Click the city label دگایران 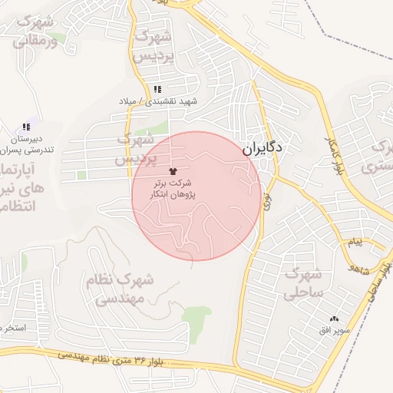tap(263, 149)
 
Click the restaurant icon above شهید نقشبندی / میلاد tap(157, 90)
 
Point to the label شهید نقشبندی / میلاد tap(158, 101)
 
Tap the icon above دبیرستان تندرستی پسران tap(26, 127)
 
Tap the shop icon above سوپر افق tap(334, 319)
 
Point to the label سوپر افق tap(334, 330)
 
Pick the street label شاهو tap(359, 269)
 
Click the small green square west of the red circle tap(81, 175)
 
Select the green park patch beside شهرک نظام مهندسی tap(196, 315)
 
